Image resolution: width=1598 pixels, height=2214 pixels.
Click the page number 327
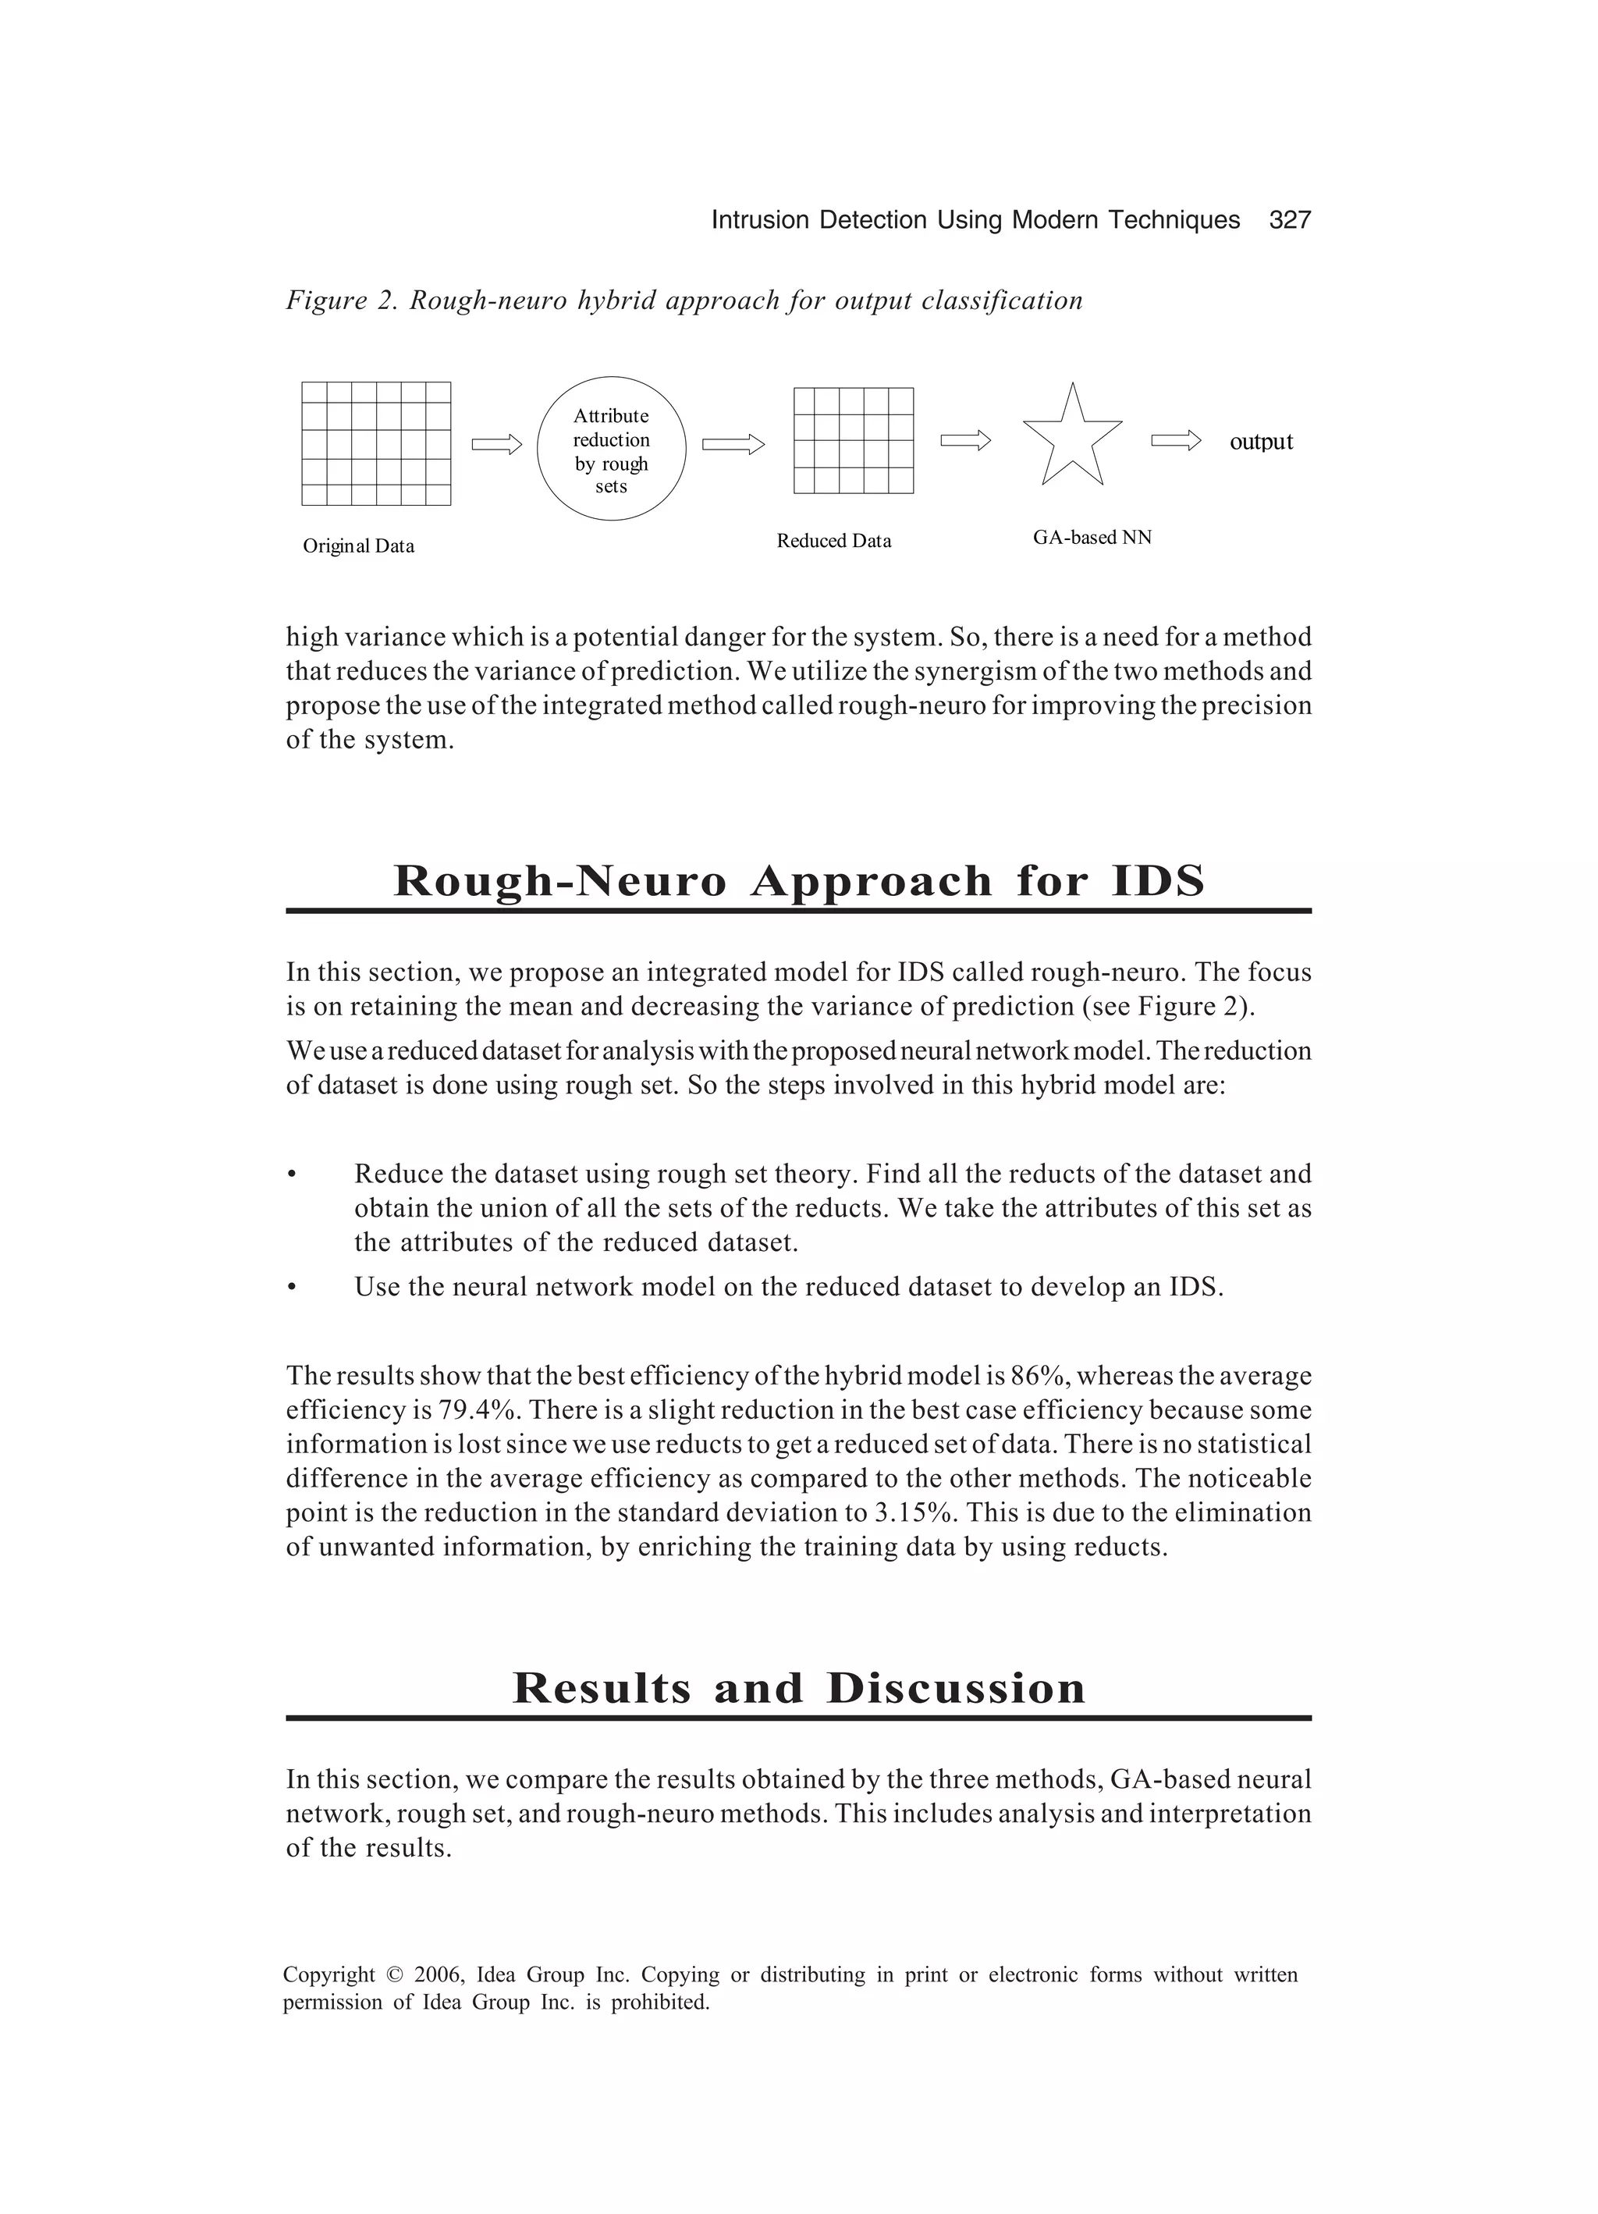point(1290,221)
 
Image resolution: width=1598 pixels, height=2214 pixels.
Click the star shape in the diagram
point(1072,439)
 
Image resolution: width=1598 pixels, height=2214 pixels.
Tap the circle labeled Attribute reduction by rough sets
point(611,449)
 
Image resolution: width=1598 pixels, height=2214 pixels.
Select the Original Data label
point(358,546)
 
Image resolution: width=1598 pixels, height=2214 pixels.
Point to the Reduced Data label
point(833,541)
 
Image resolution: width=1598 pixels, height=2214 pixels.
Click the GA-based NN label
point(1092,537)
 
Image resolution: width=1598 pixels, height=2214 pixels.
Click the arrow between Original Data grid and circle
point(497,445)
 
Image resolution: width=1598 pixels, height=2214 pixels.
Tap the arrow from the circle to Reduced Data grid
point(732,445)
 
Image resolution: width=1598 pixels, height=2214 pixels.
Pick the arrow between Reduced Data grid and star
point(964,441)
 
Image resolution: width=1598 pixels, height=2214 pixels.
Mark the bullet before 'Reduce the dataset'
point(291,1175)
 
